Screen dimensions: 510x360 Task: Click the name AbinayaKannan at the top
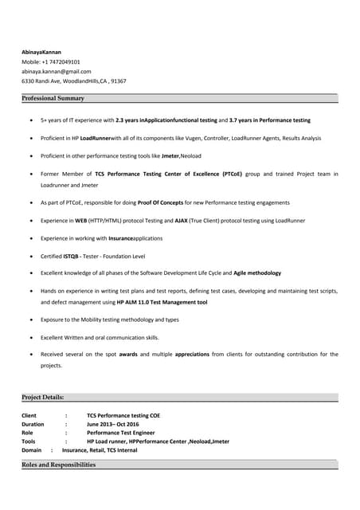click(41, 52)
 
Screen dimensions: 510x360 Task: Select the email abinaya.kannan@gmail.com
click(56, 71)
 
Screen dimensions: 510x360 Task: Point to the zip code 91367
click(118, 80)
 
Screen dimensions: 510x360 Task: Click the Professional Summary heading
click(53, 98)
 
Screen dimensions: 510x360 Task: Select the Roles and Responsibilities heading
click(58, 465)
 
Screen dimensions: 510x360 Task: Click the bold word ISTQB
click(70, 256)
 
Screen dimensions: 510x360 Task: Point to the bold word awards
click(127, 354)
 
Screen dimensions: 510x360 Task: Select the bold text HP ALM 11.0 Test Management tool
click(162, 303)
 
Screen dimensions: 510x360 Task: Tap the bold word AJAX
click(182, 220)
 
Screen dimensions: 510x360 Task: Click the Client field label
click(29, 415)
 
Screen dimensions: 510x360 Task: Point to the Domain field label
click(31, 450)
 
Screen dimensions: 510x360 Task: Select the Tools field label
click(29, 441)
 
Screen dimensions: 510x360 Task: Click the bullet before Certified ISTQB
click(30, 256)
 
